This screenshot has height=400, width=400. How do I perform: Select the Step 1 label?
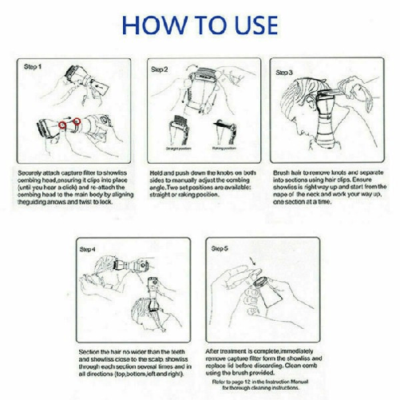pyautogui.click(x=32, y=67)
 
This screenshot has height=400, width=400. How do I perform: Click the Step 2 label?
pyautogui.click(x=159, y=70)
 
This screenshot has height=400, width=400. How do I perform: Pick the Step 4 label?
pyautogui.click(x=88, y=250)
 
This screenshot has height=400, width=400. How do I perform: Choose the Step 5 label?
pyautogui.click(x=220, y=249)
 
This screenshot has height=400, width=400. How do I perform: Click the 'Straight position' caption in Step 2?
pyautogui.click(x=177, y=149)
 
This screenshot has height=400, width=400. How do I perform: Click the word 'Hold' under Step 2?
pyautogui.click(x=157, y=172)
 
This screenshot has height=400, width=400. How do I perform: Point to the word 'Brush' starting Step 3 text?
pyautogui.click(x=282, y=172)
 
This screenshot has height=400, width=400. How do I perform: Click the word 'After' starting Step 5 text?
pyautogui.click(x=215, y=351)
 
